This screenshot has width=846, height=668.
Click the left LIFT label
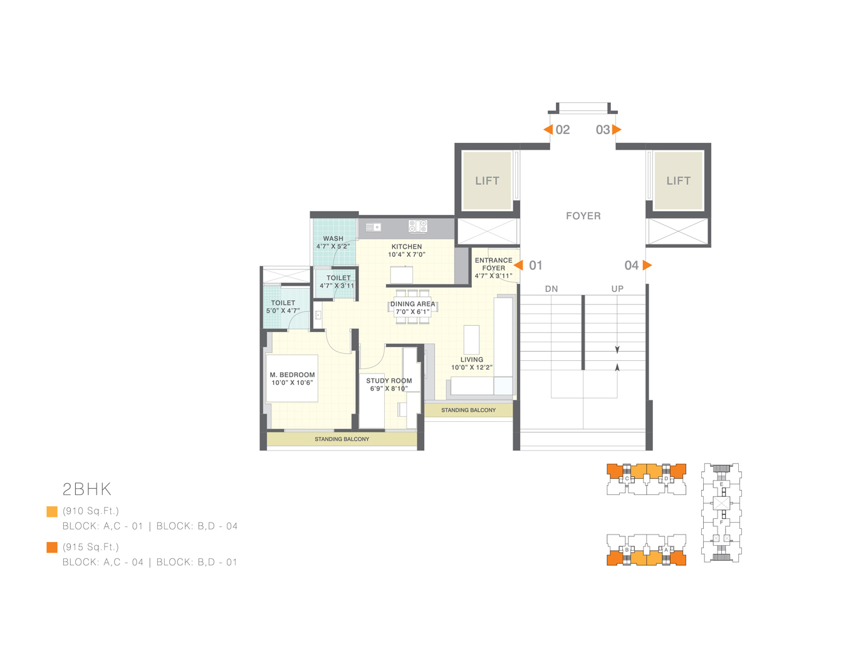[x=487, y=181]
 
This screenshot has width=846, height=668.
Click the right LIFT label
[x=678, y=181]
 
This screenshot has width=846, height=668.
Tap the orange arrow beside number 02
[x=548, y=130]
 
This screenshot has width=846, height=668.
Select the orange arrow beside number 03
[x=617, y=130]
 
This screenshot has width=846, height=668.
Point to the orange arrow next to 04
[x=647, y=265]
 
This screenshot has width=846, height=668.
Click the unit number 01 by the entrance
[x=536, y=265]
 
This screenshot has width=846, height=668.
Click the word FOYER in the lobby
[x=583, y=216]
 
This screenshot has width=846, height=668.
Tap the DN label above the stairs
[x=551, y=289]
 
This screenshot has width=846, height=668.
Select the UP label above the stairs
[x=617, y=289]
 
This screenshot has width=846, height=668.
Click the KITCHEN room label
[x=407, y=247]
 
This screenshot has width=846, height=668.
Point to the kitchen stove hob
[x=418, y=226]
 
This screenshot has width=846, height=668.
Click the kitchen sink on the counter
[x=373, y=227]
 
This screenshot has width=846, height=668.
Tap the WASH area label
[x=333, y=239]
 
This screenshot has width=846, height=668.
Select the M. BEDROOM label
[x=292, y=375]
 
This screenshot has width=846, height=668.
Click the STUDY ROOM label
[x=389, y=380]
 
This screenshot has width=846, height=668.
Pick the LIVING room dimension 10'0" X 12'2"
[x=472, y=368]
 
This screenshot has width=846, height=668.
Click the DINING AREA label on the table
[x=412, y=304]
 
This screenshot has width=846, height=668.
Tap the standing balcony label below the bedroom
[x=342, y=439]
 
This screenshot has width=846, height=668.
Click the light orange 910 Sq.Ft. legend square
[x=52, y=511]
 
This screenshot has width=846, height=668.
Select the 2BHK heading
[x=87, y=489]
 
